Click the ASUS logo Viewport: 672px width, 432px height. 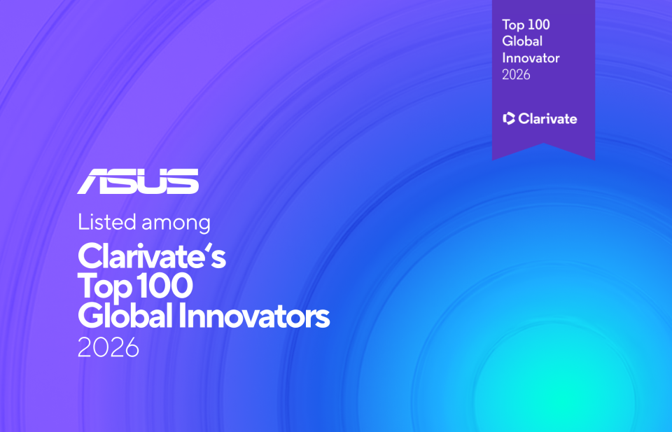pos(138,181)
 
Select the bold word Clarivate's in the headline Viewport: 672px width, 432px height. pos(151,256)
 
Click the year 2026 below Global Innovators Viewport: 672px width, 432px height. pos(108,348)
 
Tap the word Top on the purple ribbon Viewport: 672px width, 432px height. pos(512,25)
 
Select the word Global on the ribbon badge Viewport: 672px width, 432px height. pos(522,41)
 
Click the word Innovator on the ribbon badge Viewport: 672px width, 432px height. pos(531,58)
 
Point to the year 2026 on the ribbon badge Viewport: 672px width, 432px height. pos(516,75)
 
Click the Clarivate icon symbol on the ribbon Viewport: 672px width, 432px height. pos(510,118)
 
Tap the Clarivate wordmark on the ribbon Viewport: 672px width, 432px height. pos(548,118)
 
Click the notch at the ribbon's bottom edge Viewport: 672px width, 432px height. pos(544,146)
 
